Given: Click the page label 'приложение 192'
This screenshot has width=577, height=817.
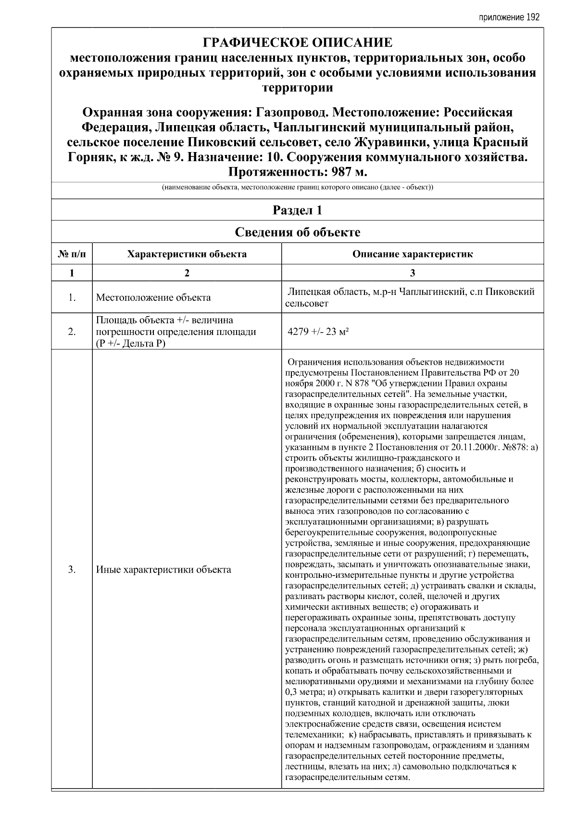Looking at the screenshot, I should point(509,17).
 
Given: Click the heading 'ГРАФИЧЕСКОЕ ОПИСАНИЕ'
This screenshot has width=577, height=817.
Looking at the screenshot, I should point(298,43).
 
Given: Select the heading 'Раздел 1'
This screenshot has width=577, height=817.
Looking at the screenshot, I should point(298,210).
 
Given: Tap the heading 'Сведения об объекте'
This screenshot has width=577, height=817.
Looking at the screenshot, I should point(298,232).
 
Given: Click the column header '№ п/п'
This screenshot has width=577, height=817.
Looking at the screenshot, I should point(72,254).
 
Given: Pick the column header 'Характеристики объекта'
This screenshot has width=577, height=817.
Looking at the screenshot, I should point(187,254).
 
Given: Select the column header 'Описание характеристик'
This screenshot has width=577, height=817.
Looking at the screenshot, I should point(412,254).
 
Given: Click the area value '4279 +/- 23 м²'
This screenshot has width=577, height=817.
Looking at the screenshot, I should point(318,332).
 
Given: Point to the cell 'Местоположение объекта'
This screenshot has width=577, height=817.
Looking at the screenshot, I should point(153,297).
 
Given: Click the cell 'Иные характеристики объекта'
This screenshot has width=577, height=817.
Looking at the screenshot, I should point(163,570).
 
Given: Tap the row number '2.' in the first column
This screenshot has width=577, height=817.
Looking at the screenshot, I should point(72,332).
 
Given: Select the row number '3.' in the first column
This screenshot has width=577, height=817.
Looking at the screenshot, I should point(72,570).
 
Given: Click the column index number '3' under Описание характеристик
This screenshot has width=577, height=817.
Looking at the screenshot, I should point(412,273).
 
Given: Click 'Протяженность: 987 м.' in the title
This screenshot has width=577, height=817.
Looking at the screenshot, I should point(298,172).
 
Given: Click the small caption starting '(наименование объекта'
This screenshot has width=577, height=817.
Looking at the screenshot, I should point(298,187).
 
